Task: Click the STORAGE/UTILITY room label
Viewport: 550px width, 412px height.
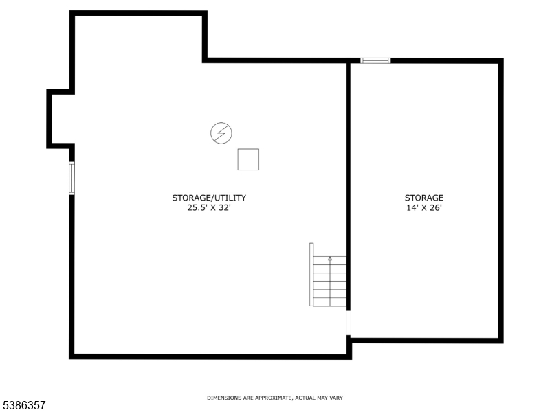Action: [209, 198]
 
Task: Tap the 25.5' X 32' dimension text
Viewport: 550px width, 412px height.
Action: [209, 208]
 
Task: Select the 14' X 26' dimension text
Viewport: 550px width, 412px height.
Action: [424, 208]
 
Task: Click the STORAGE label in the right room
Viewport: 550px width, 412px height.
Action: [424, 198]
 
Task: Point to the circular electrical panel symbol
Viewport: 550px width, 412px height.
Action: [221, 133]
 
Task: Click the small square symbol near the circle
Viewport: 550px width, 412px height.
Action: [248, 159]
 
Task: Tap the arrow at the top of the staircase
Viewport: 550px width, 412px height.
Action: [330, 260]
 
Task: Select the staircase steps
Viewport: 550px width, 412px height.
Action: [330, 282]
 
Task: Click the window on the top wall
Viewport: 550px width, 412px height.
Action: [375, 61]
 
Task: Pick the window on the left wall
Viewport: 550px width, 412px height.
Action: [72, 178]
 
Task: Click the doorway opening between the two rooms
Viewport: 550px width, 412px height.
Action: [349, 323]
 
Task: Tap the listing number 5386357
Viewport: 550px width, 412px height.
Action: [23, 405]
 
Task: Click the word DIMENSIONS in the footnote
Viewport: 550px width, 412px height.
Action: [224, 398]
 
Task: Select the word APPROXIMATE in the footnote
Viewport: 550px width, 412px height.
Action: [273, 398]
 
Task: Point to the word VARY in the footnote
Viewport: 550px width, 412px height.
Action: [336, 398]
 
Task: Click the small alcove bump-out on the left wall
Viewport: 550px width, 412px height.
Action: [49, 119]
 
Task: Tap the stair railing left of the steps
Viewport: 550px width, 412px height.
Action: [311, 274]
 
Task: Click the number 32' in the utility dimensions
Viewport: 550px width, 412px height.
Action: [225, 208]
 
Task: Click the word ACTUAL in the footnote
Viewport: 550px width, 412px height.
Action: [305, 398]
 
